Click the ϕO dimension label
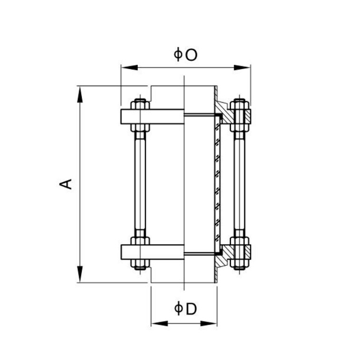pyautogui.click(x=186, y=55)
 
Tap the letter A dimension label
pyautogui.click(x=66, y=184)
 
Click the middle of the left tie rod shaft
pyautogui.click(x=140, y=184)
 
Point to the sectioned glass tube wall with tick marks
pyautogui.click(x=218, y=184)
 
